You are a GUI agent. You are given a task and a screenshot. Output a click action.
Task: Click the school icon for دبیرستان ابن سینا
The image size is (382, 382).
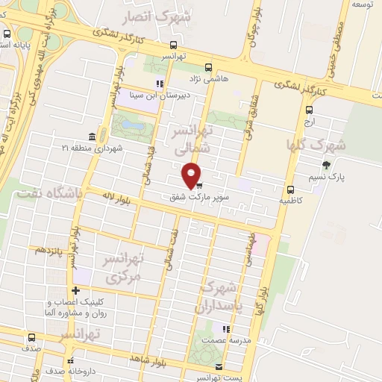pos(158,84)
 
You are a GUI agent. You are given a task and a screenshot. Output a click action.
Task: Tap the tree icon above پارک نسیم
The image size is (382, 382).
pos(325,165)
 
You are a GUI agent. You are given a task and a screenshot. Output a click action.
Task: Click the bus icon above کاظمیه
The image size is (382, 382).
pos(291,190)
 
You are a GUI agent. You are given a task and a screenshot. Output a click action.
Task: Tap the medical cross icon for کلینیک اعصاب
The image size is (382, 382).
pos(75,290)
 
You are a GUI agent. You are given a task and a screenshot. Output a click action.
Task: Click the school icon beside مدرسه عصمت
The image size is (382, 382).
pos(225,328)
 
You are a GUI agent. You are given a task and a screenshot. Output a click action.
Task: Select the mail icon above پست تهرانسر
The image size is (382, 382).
pos(218,366)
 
